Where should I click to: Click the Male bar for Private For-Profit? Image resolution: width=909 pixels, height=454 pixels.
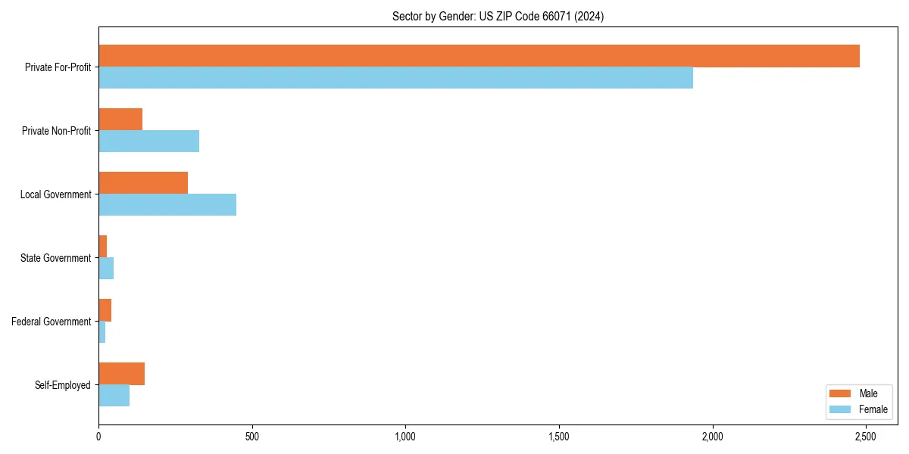479,56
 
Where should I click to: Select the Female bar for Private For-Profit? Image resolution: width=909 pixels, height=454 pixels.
395,78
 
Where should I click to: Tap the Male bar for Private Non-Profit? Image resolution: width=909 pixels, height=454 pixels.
120,120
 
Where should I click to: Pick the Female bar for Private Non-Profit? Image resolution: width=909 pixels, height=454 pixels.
148,141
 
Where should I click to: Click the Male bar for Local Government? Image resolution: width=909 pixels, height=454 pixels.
143,183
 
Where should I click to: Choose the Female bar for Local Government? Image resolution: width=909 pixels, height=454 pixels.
167,205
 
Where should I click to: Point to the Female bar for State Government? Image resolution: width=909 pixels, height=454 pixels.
106,269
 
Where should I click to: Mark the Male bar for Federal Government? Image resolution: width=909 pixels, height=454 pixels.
105,310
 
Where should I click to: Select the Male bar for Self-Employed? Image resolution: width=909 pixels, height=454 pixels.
121,374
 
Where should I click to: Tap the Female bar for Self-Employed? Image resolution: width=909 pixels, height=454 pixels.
114,396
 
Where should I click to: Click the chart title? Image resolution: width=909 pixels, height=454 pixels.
498,16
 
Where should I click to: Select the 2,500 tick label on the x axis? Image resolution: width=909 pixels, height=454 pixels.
866,437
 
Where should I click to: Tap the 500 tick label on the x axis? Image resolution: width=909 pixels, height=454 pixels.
252,437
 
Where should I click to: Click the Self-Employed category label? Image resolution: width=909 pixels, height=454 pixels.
63,385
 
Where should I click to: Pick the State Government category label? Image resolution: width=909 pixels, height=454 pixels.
56,258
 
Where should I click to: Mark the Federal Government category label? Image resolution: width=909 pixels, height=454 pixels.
52,322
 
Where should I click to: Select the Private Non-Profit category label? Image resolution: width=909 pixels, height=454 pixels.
57,131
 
